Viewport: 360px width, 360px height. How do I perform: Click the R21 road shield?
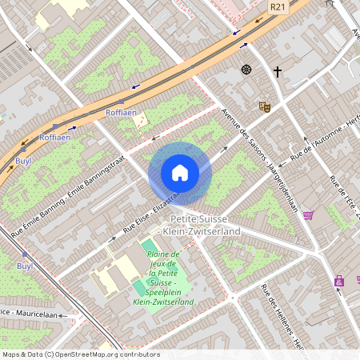278,6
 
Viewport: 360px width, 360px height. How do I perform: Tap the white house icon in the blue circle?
180,173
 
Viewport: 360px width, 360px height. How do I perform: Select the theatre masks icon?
264,106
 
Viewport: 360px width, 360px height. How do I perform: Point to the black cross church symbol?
278,72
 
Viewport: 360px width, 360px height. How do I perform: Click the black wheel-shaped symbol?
246,70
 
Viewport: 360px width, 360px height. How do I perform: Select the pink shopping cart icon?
308,215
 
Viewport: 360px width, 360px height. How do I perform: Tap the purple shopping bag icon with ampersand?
340,281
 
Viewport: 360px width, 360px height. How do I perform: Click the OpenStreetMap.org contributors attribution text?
105,354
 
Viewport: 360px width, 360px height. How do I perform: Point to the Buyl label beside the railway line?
24,266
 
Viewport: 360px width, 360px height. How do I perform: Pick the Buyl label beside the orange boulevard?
23,161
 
